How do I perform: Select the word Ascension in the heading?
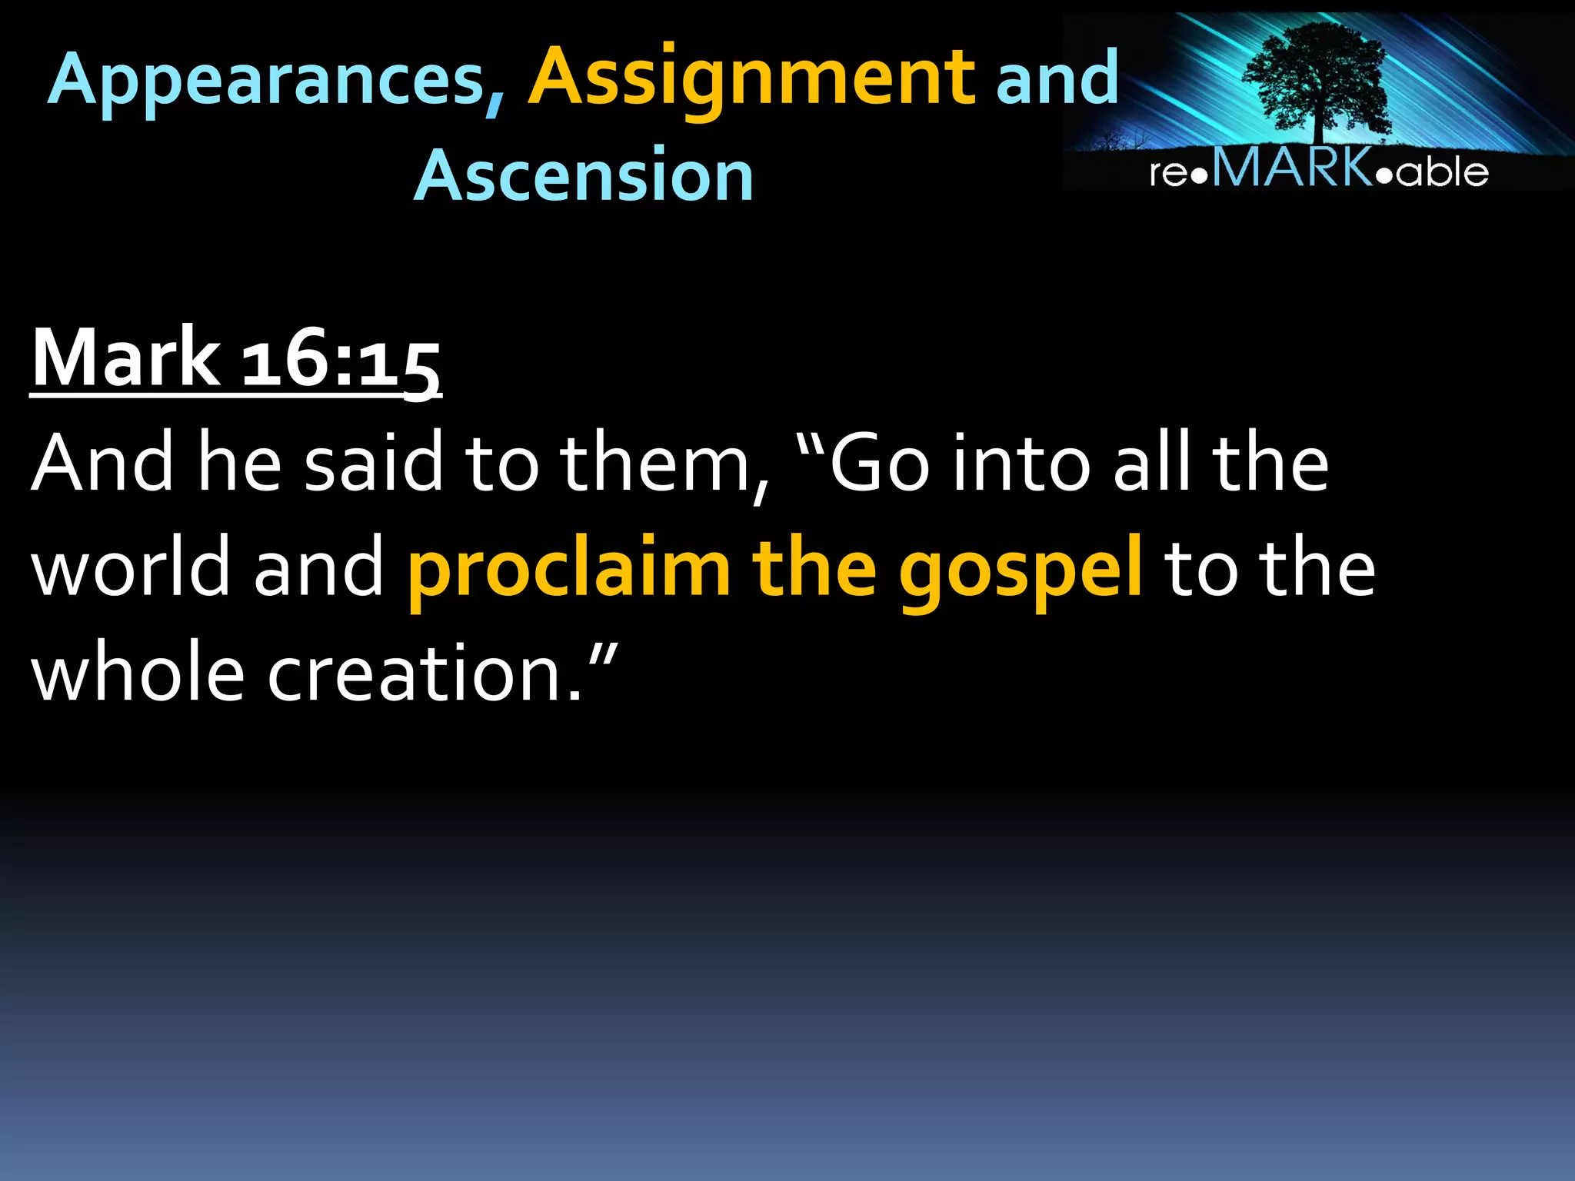[x=584, y=175]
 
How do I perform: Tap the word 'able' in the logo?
[x=1443, y=171]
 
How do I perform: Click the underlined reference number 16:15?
[x=341, y=360]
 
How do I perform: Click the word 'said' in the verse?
[x=374, y=463]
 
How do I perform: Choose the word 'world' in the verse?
[x=131, y=567]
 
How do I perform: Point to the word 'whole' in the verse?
[x=138, y=672]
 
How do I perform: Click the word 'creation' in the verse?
[x=412, y=674]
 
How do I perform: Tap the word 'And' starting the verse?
[x=102, y=463]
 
